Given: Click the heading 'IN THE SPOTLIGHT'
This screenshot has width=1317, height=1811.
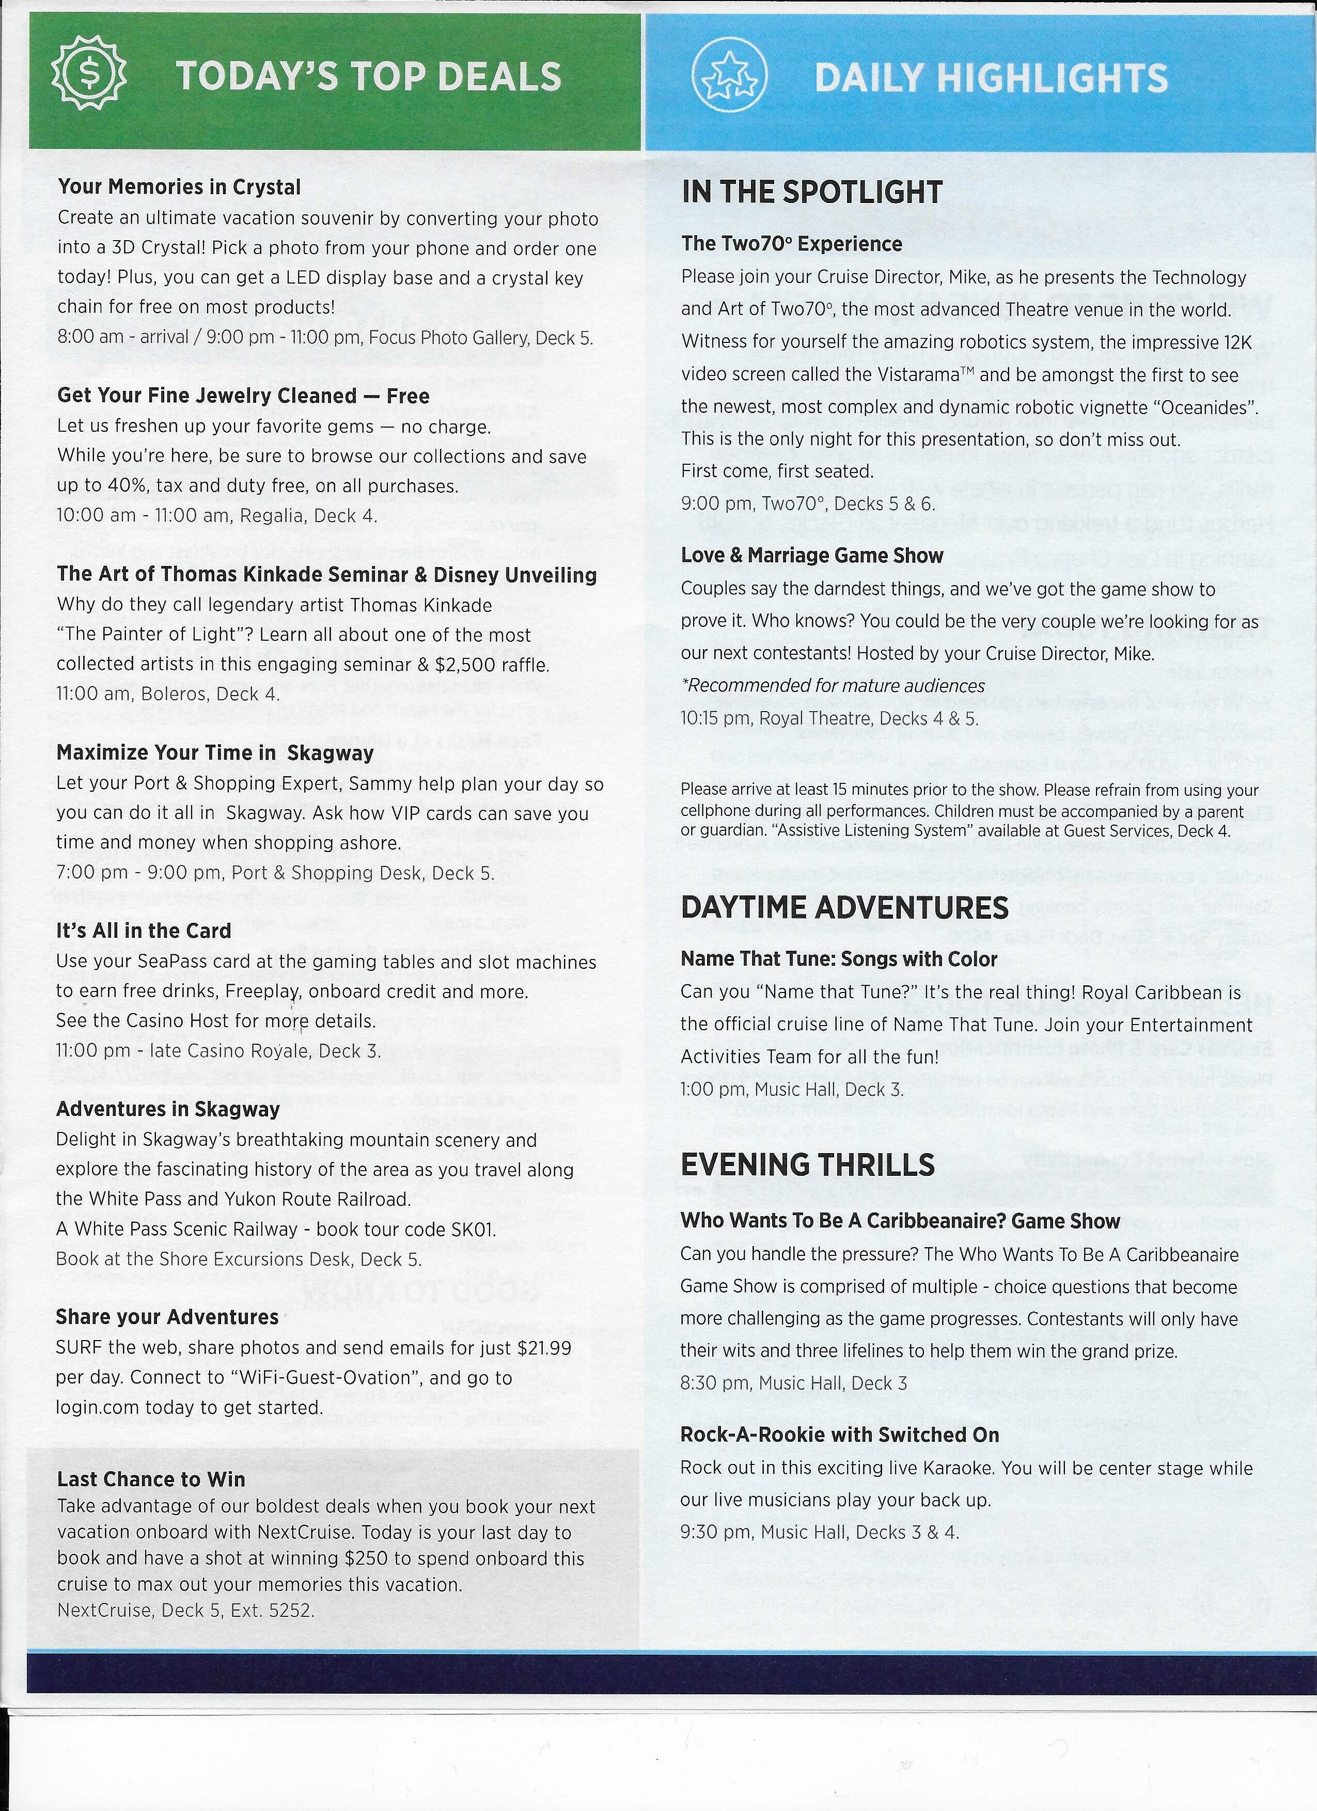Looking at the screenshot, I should click(811, 193).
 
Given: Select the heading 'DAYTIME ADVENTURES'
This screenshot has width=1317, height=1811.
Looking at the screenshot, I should click(844, 908).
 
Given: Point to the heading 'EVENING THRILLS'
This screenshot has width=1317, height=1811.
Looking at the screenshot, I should click(807, 1165).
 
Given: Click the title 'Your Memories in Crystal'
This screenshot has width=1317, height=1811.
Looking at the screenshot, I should click(179, 187).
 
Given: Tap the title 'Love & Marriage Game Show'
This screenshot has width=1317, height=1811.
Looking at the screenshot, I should click(811, 556).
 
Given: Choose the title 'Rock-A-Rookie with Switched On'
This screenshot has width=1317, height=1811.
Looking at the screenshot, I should click(839, 1435).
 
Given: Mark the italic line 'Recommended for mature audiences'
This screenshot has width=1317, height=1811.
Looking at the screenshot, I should click(832, 686).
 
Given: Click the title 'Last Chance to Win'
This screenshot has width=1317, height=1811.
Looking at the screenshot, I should click(151, 1479).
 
